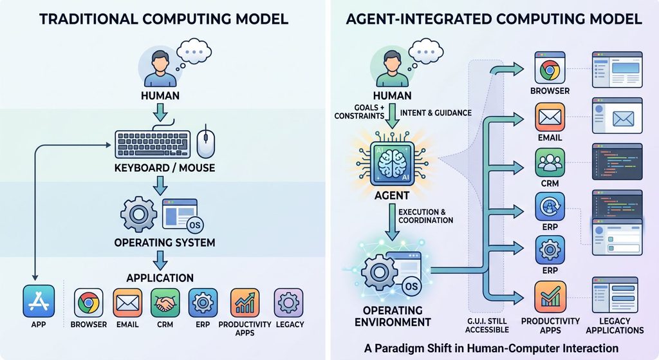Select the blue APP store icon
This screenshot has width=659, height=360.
click(x=39, y=301)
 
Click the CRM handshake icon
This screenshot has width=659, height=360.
click(x=165, y=303)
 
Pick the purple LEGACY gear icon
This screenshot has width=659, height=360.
click(x=288, y=303)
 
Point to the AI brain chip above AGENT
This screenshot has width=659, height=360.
click(x=392, y=164)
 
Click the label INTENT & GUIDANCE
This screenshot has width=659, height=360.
click(x=436, y=113)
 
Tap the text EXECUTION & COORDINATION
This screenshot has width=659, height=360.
click(x=426, y=216)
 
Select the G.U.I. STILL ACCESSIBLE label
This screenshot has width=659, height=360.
click(x=487, y=325)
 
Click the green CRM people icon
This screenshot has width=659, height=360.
click(x=550, y=163)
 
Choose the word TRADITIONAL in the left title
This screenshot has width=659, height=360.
click(x=88, y=19)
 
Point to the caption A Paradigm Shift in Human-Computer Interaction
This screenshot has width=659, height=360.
click(x=491, y=348)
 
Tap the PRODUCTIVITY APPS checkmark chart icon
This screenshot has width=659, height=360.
click(x=550, y=297)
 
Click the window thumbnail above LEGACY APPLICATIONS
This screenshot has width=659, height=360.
click(x=615, y=295)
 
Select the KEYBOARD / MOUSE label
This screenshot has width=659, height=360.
click(x=165, y=168)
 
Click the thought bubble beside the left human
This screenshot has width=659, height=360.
click(x=194, y=53)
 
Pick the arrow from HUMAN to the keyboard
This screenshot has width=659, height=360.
click(x=160, y=112)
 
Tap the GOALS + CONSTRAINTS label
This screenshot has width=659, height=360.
click(x=359, y=112)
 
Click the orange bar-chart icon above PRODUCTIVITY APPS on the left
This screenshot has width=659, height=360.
click(x=245, y=303)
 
